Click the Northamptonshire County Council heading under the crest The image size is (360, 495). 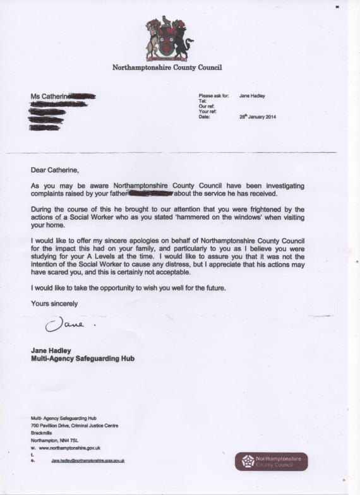coord(167,67)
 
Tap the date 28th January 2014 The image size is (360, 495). coord(258,117)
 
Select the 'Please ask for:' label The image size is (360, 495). coord(213,96)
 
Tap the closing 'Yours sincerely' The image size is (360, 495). coord(54,304)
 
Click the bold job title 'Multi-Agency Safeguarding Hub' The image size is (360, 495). coord(83,359)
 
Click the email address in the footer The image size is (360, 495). coord(88,461)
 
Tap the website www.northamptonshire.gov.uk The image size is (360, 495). coord(69,448)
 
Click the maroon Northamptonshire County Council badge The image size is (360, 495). coord(272,461)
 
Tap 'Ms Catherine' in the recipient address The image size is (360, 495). coord(49,96)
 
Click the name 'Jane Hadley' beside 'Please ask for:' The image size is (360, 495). coord(252,96)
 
